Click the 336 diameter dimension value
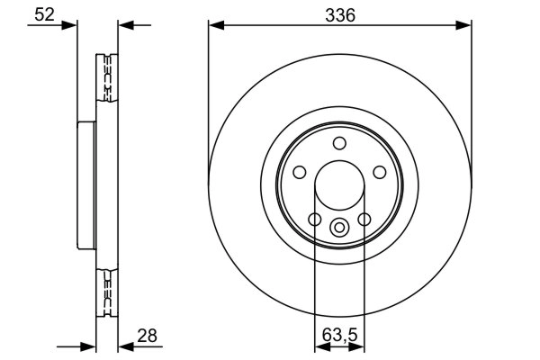click(340, 14)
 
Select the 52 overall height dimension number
click(41, 14)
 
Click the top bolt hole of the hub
click(339, 143)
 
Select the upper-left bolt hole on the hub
click(300, 172)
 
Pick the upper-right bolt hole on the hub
click(379, 172)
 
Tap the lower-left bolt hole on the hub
click(314, 219)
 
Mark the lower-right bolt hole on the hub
click(364, 219)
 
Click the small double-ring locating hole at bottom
click(339, 228)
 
